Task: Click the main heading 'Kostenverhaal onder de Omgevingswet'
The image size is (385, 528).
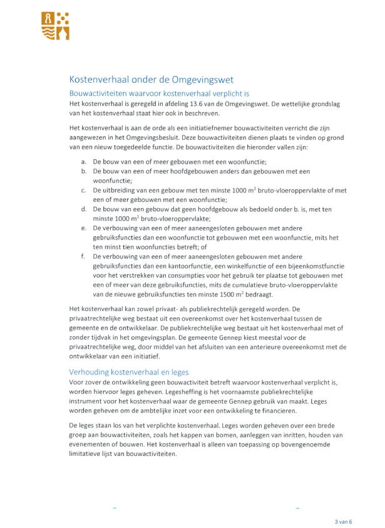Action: pyautogui.click(x=151, y=80)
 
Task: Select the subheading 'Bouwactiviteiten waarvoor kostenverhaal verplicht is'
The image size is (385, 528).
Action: pyautogui.click(x=159, y=93)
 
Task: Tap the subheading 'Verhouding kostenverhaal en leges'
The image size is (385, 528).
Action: pyautogui.click(x=129, y=372)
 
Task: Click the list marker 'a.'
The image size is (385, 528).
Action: pyautogui.click(x=84, y=161)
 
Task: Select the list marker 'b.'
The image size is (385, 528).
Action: pyautogui.click(x=84, y=171)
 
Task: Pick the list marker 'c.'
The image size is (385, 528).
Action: pyautogui.click(x=84, y=189)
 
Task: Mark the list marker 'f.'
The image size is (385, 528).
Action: pyautogui.click(x=83, y=256)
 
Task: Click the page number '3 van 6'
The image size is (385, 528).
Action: pyautogui.click(x=343, y=521)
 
